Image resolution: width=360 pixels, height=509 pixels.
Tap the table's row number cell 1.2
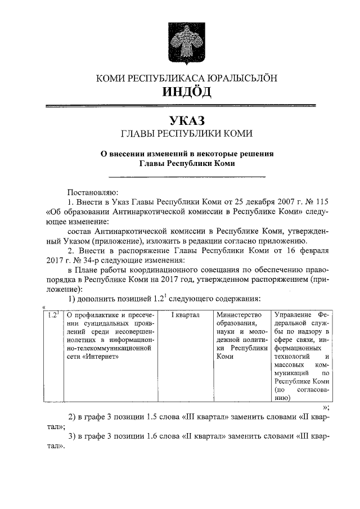(x=53, y=315)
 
